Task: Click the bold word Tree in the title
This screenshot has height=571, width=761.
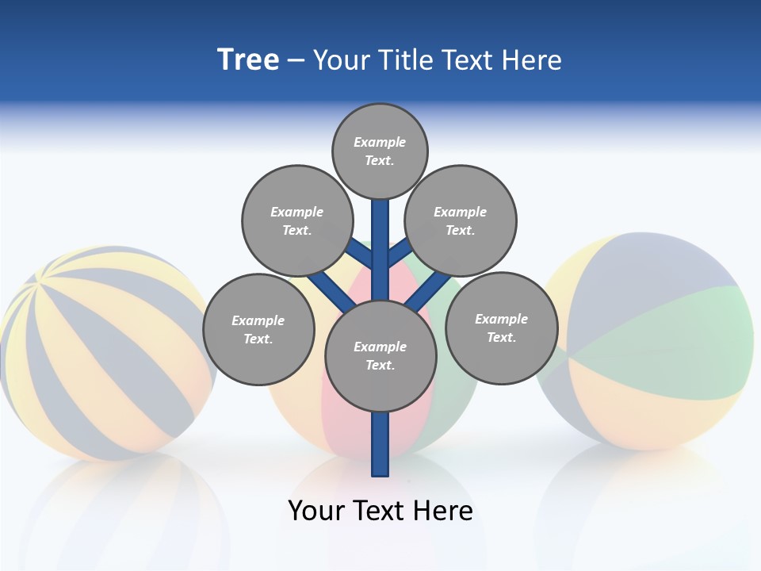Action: [248, 59]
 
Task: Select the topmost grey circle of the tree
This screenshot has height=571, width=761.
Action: [380, 151]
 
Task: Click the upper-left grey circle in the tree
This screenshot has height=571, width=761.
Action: [296, 220]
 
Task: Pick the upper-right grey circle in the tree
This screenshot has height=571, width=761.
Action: [461, 220]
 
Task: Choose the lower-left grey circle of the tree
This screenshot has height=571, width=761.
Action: [258, 329]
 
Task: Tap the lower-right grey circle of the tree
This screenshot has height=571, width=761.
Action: [502, 328]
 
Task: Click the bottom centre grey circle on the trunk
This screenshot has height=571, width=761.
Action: [380, 356]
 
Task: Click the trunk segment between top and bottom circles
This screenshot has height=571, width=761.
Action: [380, 250]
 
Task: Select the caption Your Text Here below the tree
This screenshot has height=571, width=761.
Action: [380, 511]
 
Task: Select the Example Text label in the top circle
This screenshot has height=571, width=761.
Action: [380, 151]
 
